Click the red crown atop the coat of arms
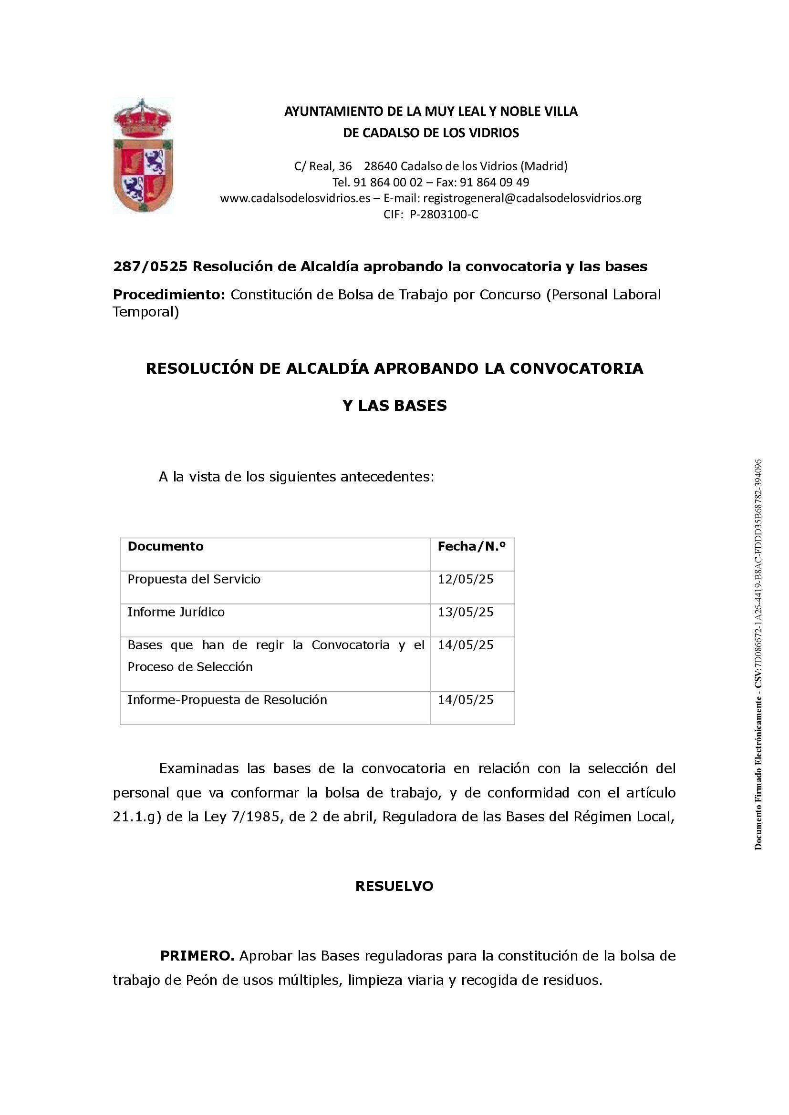click(x=142, y=119)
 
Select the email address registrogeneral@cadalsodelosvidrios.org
click(x=532, y=198)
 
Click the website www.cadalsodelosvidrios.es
click(x=295, y=198)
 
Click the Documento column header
click(x=165, y=546)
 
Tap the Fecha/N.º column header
click(x=471, y=547)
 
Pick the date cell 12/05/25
click(x=466, y=579)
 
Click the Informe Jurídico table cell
click(x=176, y=613)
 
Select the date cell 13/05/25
click(x=466, y=613)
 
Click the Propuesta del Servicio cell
click(x=194, y=579)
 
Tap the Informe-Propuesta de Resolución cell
click(x=227, y=700)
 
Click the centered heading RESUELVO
click(x=394, y=886)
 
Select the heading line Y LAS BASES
click(x=394, y=406)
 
